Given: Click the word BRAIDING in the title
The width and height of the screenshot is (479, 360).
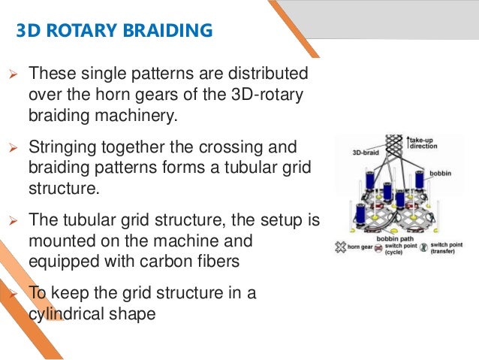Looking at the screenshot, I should (x=170, y=31).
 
